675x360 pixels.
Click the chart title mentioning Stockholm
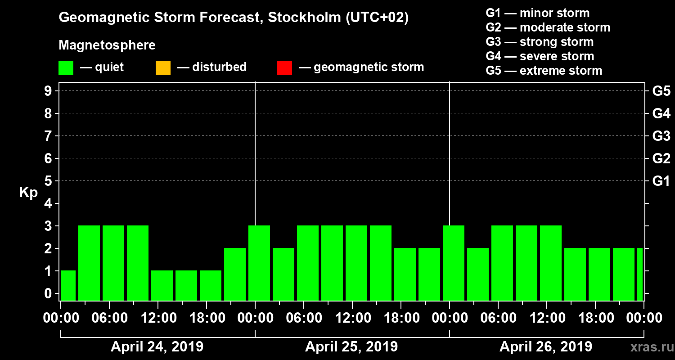234,18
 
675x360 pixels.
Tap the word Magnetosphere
107,45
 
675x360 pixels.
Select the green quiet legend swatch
66,67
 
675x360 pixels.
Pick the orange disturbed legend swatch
163,67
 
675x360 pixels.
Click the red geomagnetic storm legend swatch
284,67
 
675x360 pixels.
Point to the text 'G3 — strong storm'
540,42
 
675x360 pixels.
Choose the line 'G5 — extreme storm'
544,71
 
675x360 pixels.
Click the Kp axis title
28,193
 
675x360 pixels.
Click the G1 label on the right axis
661,181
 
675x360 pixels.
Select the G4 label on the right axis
661,113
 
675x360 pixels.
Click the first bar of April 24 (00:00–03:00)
68,285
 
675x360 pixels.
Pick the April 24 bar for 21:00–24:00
235,274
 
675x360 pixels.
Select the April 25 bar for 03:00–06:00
283,274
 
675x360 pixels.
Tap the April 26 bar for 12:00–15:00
551,263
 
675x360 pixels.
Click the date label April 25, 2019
351,347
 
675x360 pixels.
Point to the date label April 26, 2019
546,347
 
